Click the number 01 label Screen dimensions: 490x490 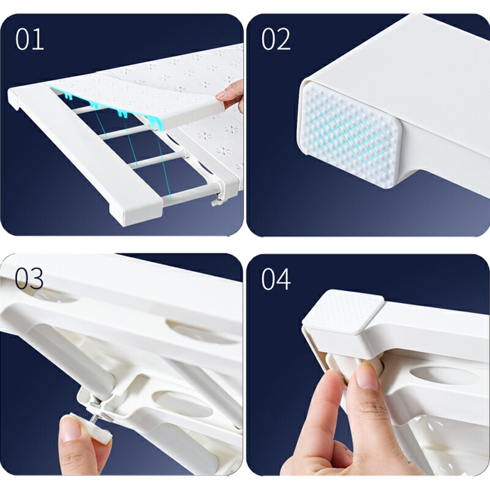[29, 39]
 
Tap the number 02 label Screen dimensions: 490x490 [276, 39]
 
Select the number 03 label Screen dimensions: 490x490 [29, 279]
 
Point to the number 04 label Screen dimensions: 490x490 [276, 279]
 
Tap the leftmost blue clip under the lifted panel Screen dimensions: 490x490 [69, 96]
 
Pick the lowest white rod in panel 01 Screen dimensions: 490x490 [190, 194]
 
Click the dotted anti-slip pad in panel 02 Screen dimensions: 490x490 [349, 134]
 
